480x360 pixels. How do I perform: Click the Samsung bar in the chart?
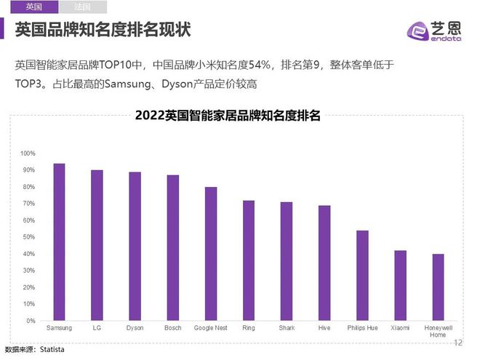(x=59, y=242)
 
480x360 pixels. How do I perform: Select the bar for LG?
(x=97, y=245)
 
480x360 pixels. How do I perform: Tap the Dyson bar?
(x=135, y=247)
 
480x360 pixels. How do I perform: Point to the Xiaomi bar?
(x=400, y=285)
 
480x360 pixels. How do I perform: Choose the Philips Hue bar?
(x=362, y=276)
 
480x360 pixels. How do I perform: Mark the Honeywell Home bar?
(x=438, y=287)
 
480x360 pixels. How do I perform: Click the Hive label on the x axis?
(x=324, y=328)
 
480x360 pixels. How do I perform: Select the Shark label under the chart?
(x=287, y=328)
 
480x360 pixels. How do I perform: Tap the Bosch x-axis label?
(x=173, y=328)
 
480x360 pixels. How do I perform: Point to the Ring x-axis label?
(x=249, y=328)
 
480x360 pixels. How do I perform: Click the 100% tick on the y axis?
(x=28, y=153)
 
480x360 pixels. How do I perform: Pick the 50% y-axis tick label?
(x=28, y=237)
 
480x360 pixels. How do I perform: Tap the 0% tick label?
(x=30, y=321)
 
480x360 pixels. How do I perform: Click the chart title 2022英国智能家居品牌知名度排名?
(x=228, y=116)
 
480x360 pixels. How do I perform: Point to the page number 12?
(x=458, y=343)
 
